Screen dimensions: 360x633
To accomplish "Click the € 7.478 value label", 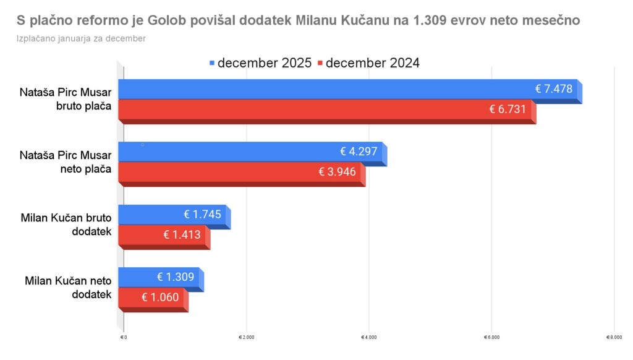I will [x=554, y=89].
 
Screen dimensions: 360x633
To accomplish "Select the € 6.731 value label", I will [x=508, y=109].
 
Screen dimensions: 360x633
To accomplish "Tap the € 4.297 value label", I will [x=359, y=152].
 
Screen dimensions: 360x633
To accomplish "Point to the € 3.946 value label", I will [x=338, y=171].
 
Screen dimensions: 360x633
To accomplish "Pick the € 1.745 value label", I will [x=203, y=215].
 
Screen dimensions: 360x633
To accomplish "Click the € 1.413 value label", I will [x=182, y=234].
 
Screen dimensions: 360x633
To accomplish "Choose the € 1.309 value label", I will [x=176, y=277].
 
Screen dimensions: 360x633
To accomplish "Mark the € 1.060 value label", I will [x=160, y=297].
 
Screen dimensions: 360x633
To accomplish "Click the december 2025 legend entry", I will [x=261, y=63].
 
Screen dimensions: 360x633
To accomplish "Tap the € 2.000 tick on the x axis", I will [x=246, y=337].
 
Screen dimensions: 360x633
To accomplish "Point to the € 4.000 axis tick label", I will [x=368, y=337].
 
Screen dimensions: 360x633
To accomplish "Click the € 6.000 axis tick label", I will [x=491, y=337].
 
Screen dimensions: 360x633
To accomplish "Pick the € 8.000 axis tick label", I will [x=613, y=337].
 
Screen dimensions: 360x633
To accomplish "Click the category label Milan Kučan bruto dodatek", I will [x=66, y=225].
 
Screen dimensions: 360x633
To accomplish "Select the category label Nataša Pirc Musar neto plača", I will [x=66, y=161].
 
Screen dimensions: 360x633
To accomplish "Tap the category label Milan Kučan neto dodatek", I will [x=68, y=288].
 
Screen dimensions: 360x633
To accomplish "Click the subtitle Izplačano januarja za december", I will [x=82, y=38].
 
